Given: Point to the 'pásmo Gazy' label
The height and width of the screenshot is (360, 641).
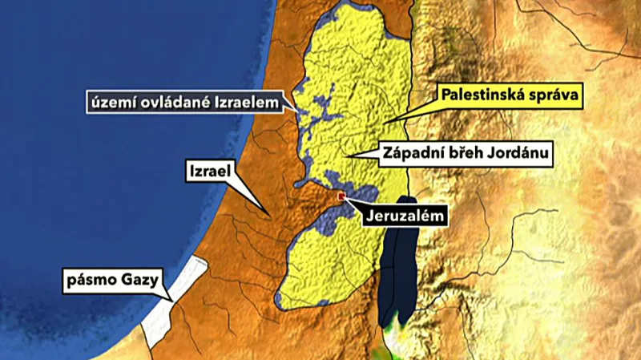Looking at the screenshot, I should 114,281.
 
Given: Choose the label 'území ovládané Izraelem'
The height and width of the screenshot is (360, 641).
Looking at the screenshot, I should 186,102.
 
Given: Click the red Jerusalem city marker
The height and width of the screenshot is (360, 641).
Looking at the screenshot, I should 342,196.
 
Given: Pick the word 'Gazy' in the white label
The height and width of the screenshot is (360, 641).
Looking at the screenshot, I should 141,281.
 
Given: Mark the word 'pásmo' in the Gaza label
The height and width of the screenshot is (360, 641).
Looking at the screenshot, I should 95,281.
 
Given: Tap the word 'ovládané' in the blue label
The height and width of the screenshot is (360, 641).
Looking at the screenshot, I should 172,102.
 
